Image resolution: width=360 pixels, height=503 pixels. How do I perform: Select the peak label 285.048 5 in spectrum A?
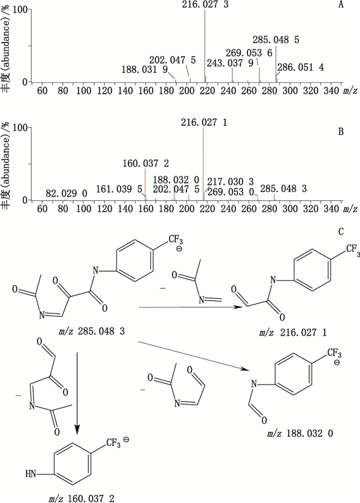(276, 40)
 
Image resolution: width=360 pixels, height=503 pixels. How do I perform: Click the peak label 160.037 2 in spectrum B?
(146, 163)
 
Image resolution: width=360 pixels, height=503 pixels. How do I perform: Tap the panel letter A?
(340, 6)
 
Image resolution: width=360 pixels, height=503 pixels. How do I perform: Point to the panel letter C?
(340, 232)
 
